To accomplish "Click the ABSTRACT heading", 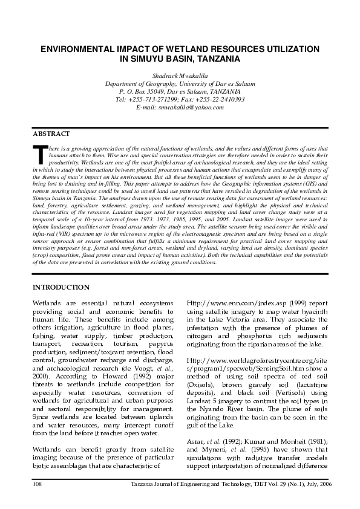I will click(x=51, y=133).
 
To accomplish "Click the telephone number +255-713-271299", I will click(x=156, y=99).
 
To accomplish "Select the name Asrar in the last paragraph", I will click(x=195, y=441).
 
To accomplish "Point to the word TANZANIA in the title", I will click(x=214, y=59).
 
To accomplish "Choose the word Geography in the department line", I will click(x=157, y=83).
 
